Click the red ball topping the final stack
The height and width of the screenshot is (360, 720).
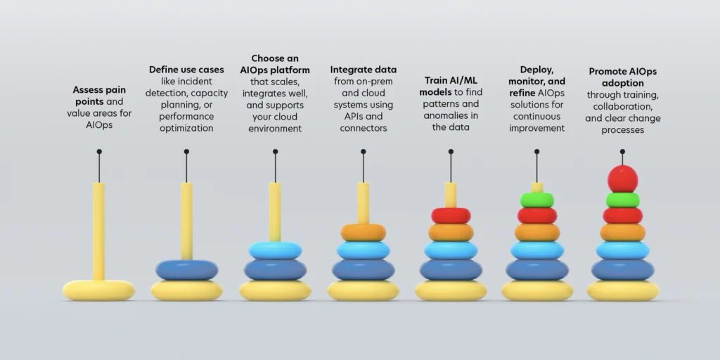[x=623, y=179]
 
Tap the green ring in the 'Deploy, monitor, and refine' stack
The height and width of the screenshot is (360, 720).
[x=536, y=200]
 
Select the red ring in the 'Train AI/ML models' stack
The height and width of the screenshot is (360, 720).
[x=451, y=215]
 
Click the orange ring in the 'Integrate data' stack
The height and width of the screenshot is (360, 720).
[x=364, y=232]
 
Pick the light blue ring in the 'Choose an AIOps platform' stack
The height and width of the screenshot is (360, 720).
[x=275, y=251]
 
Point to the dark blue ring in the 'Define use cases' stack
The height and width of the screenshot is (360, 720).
[x=186, y=270]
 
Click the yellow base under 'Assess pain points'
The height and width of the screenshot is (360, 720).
[x=98, y=290]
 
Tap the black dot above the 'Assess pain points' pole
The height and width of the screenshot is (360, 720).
[x=99, y=152]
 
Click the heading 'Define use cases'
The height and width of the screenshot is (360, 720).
[x=186, y=70]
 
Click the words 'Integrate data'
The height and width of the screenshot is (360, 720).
[x=364, y=70]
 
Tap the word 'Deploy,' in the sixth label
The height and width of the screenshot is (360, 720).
[x=536, y=70]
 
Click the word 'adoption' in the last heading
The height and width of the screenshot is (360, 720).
[x=623, y=84]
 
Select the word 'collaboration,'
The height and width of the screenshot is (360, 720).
[x=623, y=107]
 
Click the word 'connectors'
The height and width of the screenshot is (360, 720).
[x=364, y=128]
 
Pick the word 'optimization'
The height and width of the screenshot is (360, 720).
[x=186, y=129]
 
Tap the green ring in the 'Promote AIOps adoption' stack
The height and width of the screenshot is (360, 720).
[x=623, y=200]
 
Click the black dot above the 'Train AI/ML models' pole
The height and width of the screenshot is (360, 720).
[x=451, y=152]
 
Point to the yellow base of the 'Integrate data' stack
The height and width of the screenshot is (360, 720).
[x=364, y=290]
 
